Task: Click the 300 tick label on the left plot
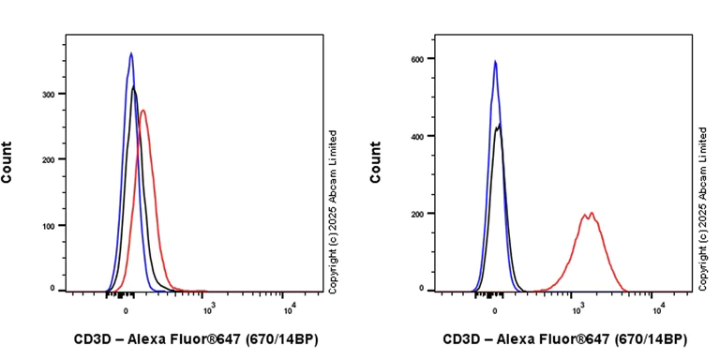click(52, 94)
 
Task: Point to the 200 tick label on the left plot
click(52, 159)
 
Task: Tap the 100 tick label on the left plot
click(52, 226)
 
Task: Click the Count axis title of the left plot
click(7, 161)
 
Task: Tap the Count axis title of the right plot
click(376, 161)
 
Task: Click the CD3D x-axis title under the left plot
click(195, 338)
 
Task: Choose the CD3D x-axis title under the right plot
click(564, 338)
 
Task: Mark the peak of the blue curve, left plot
click(131, 53)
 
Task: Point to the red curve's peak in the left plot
click(142, 111)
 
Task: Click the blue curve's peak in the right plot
click(495, 62)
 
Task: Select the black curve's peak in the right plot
click(500, 125)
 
